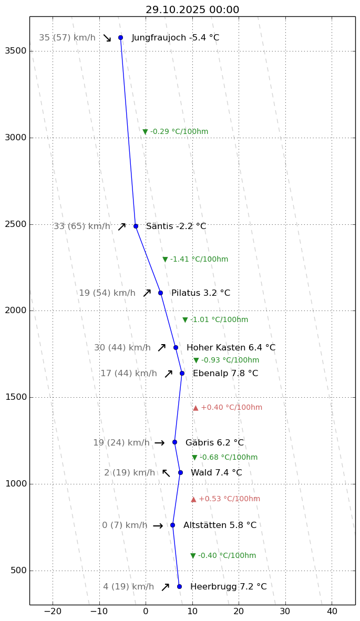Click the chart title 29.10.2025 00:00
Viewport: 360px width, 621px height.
192,10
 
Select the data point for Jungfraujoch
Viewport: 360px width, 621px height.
120,38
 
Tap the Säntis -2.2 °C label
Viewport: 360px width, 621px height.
176,226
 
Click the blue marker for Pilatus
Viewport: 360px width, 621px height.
160,293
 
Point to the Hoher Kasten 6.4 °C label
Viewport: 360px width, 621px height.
231,348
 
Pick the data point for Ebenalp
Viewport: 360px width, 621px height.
182,374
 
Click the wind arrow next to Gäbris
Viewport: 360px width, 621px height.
159,443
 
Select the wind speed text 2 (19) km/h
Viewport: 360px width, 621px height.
129,473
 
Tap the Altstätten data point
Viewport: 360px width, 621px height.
172,525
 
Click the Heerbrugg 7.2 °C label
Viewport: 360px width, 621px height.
228,587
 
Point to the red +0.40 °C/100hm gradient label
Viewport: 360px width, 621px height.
228,408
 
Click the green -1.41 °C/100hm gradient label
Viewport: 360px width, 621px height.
196,260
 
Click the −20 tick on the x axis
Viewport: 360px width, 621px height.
52,612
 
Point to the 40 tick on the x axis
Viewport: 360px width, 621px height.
332,612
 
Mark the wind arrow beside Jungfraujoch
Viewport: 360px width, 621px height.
107,38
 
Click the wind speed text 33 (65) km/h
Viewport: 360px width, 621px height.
82,226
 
